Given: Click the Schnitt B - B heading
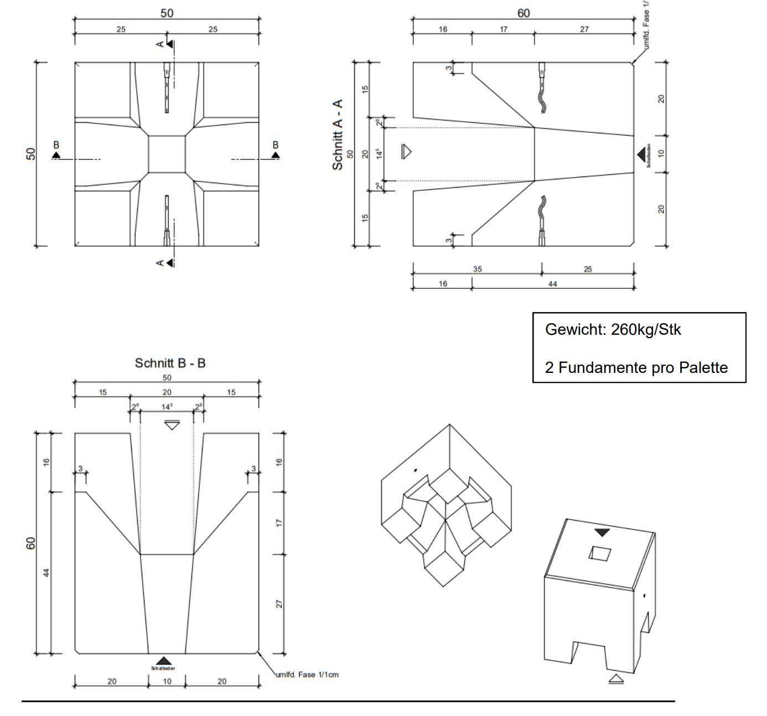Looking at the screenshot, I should (x=170, y=364).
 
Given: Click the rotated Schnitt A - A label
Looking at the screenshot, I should (x=338, y=135).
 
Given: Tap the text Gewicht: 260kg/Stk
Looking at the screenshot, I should (x=613, y=330).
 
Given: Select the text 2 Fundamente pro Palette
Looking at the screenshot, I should (x=636, y=367).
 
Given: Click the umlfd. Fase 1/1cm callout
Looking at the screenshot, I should (x=307, y=675).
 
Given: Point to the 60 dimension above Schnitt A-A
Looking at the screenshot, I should (x=523, y=13).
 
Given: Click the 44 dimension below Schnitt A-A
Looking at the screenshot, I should (x=552, y=284).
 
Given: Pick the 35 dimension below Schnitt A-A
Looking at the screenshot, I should (x=477, y=269).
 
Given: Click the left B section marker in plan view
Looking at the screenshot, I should (x=56, y=153).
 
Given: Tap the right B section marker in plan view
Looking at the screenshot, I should (x=275, y=153).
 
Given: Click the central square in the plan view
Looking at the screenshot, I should (x=167, y=154).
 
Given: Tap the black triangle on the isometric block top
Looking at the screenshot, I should (x=602, y=533).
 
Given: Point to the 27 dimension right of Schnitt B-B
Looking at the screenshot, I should (x=279, y=604).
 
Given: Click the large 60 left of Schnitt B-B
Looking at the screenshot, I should (x=32, y=543).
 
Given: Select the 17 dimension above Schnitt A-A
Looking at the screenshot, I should (x=503, y=29).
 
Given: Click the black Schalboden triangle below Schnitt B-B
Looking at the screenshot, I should (x=163, y=661).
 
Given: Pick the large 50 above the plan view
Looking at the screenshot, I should (x=167, y=13).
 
